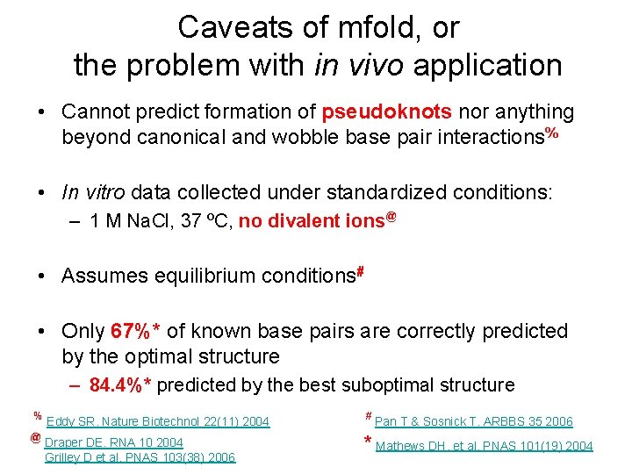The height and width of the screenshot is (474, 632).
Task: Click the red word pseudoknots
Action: pyautogui.click(x=387, y=112)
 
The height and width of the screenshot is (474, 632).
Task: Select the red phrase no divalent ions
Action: pyautogui.click(x=312, y=221)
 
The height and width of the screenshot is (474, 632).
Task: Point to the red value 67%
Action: pyautogui.click(x=132, y=331)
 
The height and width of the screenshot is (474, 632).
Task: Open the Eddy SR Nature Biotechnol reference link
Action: pyautogui.click(x=157, y=421)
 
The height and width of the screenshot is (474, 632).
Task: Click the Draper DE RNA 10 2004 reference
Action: pyautogui.click(x=113, y=442)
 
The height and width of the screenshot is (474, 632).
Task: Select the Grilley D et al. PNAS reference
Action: pyautogui.click(x=140, y=457)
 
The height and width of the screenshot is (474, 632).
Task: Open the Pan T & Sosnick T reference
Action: pyautogui.click(x=473, y=421)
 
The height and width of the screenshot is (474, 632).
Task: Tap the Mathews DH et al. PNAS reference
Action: pyautogui.click(x=484, y=446)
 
